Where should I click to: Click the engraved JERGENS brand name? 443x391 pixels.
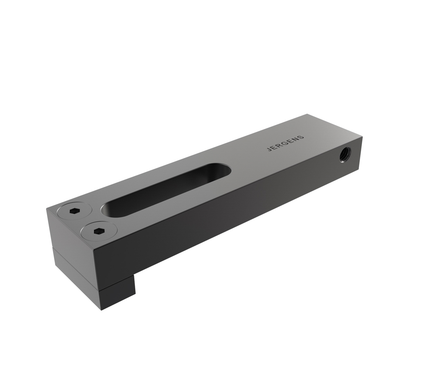pyautogui.click(x=285, y=143)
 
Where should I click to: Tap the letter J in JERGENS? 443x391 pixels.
pyautogui.click(x=269, y=150)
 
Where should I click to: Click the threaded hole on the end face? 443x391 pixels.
pyautogui.click(x=344, y=153)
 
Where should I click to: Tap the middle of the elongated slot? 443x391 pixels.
pyautogui.click(x=166, y=190)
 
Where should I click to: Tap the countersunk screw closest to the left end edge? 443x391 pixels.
pyautogui.click(x=74, y=211)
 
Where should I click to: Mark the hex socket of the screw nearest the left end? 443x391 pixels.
pyautogui.click(x=74, y=211)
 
